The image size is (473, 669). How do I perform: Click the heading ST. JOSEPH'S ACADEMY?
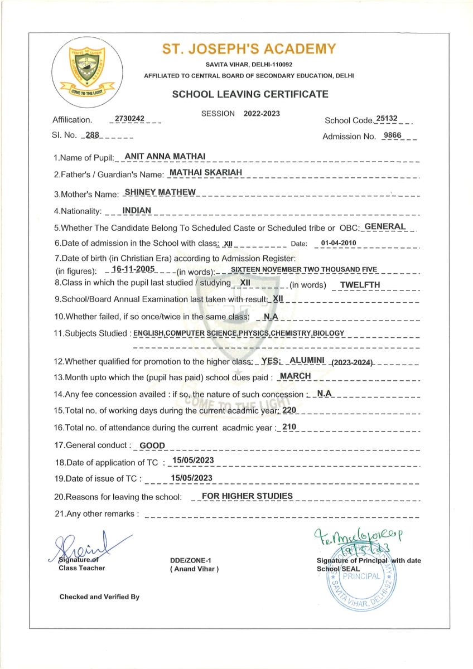pos(249,49)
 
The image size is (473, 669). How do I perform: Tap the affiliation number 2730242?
pos(129,119)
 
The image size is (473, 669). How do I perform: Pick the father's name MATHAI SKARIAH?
pos(206,173)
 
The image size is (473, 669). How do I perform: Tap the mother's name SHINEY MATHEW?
pos(160,192)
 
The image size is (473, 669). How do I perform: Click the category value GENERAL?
pos(385,226)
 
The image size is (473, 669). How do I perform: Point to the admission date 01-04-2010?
pos(335,243)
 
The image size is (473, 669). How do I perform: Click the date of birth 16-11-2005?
pos(133,269)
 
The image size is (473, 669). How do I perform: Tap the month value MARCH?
pos(295,376)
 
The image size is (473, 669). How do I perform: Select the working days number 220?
pos(289,410)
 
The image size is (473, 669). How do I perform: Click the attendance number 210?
pos(289,426)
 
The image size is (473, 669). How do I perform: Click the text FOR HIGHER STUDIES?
pos(247,496)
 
